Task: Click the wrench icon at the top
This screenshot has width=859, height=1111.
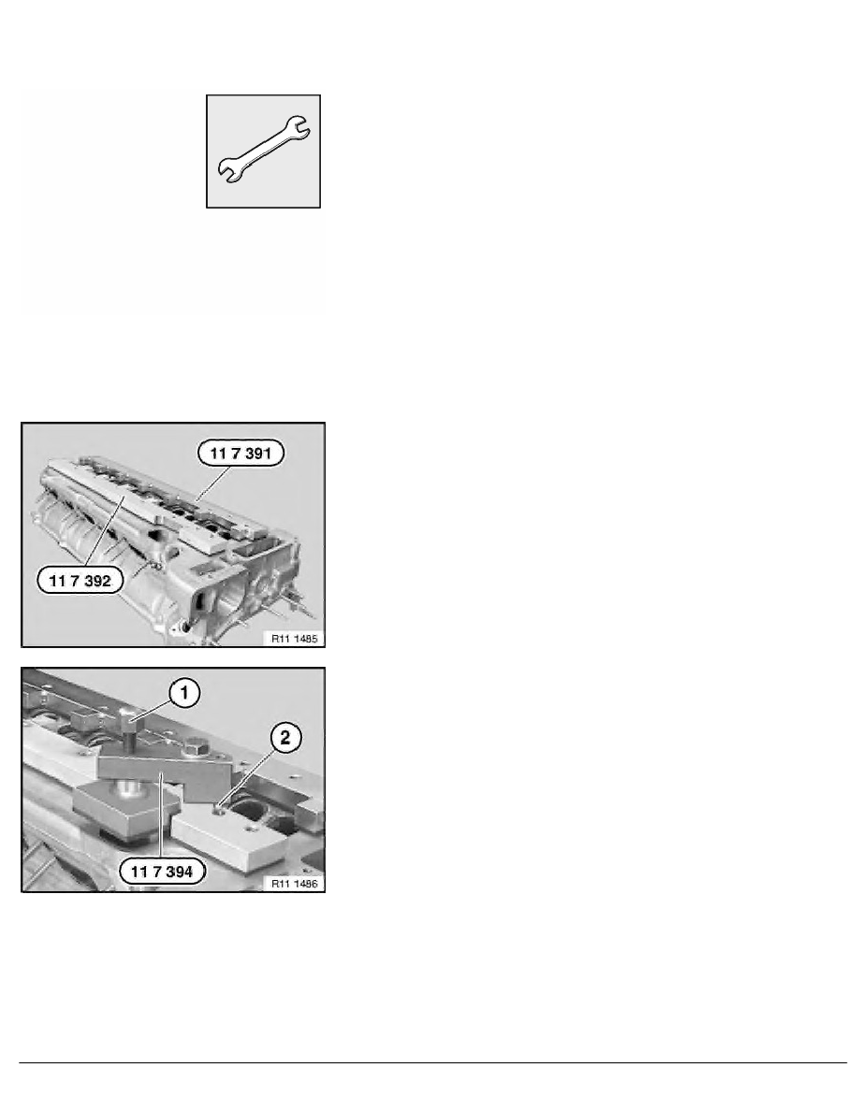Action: [264, 150]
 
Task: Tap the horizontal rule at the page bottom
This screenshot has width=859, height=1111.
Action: [429, 1062]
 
